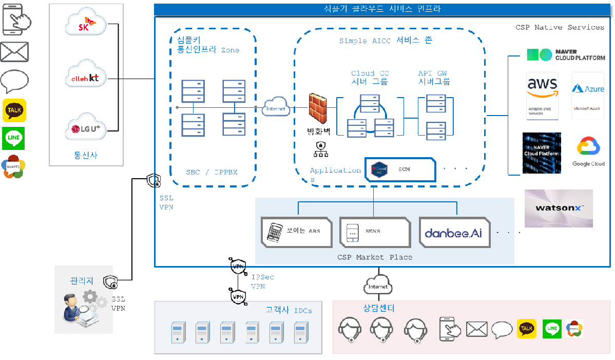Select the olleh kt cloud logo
86,78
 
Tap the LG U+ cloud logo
86,128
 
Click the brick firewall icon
318,109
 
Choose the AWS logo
543,96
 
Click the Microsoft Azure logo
588,96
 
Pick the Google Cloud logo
588,151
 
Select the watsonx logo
559,208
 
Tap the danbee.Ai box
454,232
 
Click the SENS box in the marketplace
374,231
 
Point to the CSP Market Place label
374,257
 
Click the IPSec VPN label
259,282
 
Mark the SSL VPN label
166,202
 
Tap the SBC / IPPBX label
212,172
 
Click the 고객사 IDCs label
289,310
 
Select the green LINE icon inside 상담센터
552,328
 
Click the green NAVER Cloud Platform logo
566,55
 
